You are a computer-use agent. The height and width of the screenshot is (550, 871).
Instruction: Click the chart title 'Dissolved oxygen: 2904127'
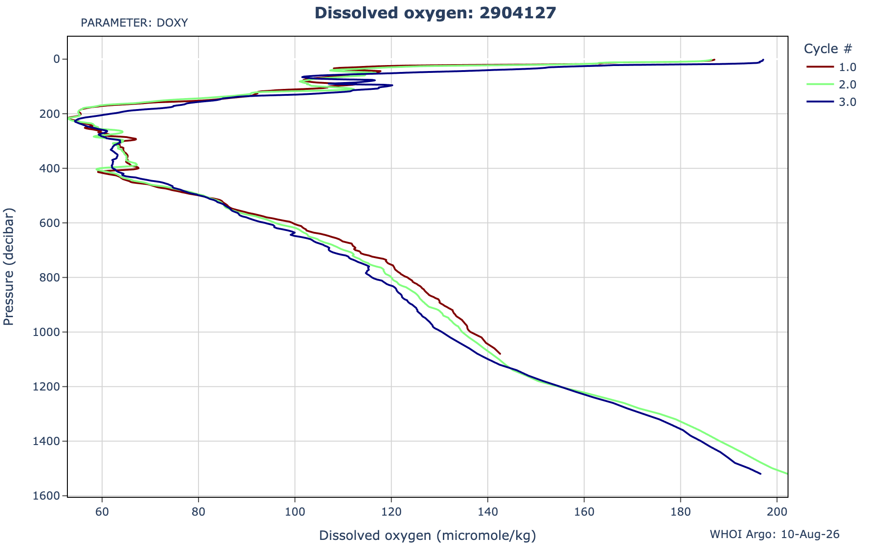pos(435,13)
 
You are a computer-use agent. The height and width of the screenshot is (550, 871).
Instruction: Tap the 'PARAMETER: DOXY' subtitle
pos(134,23)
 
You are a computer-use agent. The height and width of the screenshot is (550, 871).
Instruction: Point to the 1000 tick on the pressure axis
pos(48,332)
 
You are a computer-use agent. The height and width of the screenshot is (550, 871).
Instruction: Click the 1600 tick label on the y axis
pos(48,496)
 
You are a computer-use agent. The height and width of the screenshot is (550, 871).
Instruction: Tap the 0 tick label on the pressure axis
pos(57,59)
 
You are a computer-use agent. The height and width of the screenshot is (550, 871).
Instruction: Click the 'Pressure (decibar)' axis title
pos(9,267)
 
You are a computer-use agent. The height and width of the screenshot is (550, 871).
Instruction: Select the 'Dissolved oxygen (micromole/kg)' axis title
pos(427,535)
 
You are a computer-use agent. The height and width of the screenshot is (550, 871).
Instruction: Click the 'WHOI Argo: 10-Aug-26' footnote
pos(775,534)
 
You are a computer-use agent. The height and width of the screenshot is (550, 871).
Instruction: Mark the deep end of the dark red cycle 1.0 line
pos(500,354)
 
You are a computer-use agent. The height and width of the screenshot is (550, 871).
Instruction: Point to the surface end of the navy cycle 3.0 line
pos(763,60)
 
